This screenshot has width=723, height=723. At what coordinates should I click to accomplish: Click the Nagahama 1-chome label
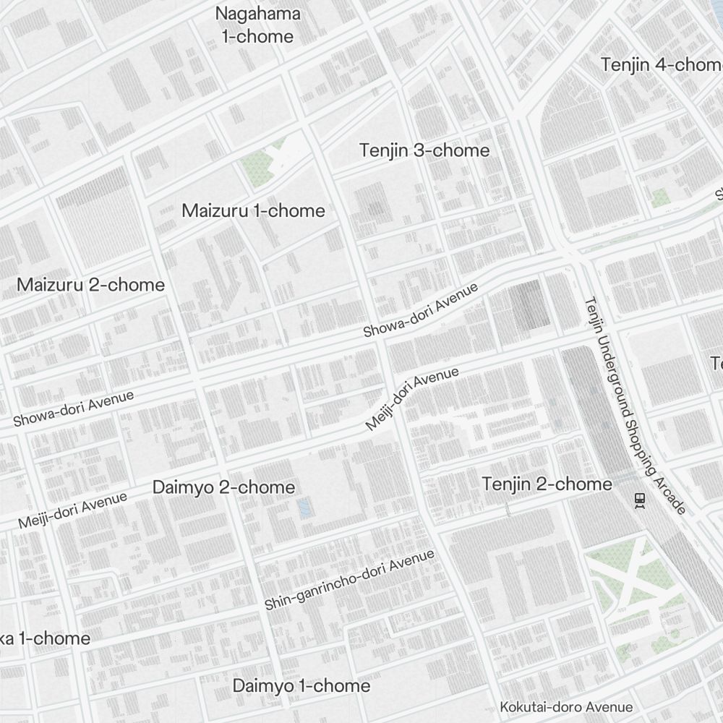point(258,25)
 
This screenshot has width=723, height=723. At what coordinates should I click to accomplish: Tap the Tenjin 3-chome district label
point(424,150)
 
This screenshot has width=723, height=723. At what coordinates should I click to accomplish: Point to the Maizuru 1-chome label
point(253,210)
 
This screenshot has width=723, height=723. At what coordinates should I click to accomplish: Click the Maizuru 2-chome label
point(90,284)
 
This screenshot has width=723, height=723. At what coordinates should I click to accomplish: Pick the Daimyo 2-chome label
point(223,487)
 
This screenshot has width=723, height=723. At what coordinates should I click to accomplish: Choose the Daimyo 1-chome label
point(301,685)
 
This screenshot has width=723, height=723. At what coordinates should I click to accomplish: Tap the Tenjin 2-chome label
point(547,484)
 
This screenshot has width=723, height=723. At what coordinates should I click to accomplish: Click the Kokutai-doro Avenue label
point(566,707)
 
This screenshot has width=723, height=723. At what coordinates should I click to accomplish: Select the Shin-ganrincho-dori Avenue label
point(349,579)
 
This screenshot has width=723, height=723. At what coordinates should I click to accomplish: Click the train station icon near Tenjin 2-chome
point(639,500)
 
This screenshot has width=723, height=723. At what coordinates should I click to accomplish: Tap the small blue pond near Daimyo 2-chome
point(304,506)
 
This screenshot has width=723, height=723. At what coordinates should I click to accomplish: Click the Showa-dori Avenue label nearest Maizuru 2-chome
point(74,408)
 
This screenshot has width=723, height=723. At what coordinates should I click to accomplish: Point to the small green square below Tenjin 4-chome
point(659,197)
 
